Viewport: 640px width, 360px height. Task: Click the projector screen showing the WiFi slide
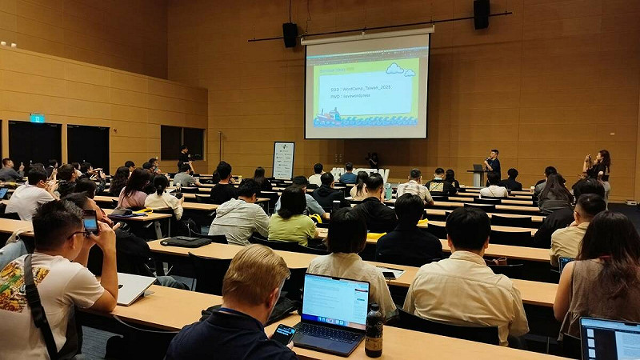click(x=366, y=86)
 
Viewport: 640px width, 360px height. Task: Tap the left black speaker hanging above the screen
click(x=290, y=34)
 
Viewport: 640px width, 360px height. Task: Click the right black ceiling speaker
click(x=481, y=14)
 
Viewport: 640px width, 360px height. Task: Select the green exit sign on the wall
click(x=37, y=118)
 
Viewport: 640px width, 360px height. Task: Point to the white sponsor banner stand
click(x=283, y=160)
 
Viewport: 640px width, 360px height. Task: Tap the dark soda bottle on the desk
click(x=374, y=330)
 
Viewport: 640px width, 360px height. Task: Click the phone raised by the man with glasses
click(x=90, y=222)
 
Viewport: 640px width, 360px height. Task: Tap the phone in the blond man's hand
click(x=282, y=334)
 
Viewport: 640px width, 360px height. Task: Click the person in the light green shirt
click(x=292, y=219)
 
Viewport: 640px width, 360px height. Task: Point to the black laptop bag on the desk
click(x=186, y=241)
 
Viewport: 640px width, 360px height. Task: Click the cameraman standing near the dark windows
click(x=185, y=158)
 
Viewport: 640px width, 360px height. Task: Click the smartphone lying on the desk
click(x=390, y=274)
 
